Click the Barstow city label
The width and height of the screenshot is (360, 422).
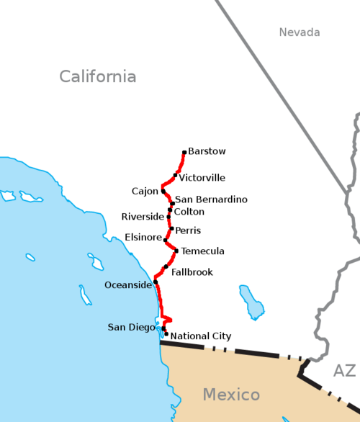pyautogui.click(x=207, y=151)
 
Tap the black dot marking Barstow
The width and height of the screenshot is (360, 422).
pyautogui.click(x=184, y=152)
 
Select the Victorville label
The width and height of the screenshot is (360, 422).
pyautogui.click(x=202, y=178)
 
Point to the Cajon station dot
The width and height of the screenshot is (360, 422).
pyautogui.click(x=163, y=192)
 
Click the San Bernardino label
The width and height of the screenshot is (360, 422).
pyautogui.click(x=212, y=199)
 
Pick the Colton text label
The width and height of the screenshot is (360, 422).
pyautogui.click(x=189, y=212)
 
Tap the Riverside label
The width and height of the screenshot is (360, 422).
pyautogui.click(x=143, y=217)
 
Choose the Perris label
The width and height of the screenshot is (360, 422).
pyautogui.click(x=188, y=230)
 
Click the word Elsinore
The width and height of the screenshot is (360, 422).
pyautogui.click(x=143, y=236)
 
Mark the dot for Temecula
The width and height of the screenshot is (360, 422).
pyautogui.click(x=176, y=251)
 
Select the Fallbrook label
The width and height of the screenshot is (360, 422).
pyautogui.click(x=192, y=272)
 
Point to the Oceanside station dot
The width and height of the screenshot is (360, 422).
pyautogui.click(x=156, y=282)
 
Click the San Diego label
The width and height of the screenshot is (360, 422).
pyautogui.click(x=131, y=328)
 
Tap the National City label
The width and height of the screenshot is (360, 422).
pyautogui.click(x=201, y=336)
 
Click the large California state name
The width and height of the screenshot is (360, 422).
pyautogui.click(x=97, y=76)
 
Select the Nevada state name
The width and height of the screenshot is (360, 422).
pyautogui.click(x=300, y=32)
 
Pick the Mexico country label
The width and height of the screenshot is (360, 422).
pyautogui.click(x=230, y=395)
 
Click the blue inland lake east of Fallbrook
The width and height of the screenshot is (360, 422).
pyautogui.click(x=251, y=302)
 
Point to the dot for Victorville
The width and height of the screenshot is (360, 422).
pyautogui.click(x=175, y=175)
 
